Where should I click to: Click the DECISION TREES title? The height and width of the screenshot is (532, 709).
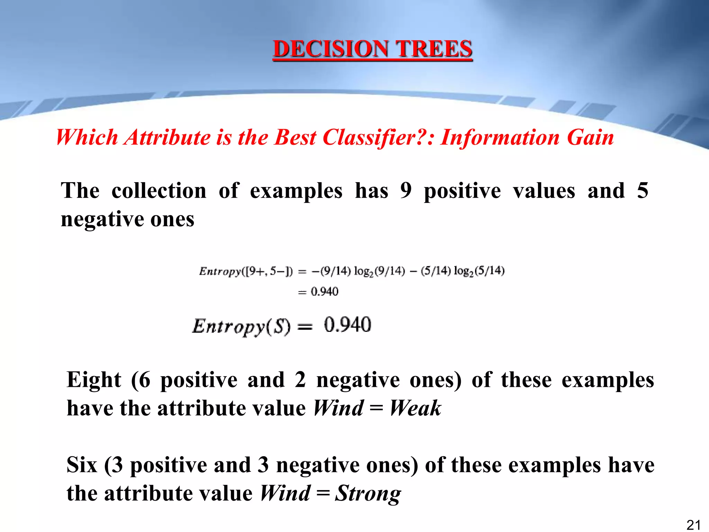(x=373, y=49)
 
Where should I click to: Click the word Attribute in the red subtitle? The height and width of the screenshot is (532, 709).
(x=168, y=138)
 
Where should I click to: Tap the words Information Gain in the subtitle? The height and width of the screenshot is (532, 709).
(x=527, y=138)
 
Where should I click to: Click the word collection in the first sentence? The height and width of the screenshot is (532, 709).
(x=159, y=191)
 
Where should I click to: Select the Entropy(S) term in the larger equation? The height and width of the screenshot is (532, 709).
(x=241, y=326)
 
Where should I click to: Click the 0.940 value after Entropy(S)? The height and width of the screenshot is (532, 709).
(x=348, y=325)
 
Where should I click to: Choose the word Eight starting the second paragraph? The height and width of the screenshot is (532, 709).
(x=94, y=380)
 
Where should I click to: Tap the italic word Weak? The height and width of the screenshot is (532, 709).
(x=415, y=408)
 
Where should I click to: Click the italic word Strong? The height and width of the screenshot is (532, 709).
(x=368, y=493)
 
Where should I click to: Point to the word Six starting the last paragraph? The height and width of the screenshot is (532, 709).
(x=82, y=465)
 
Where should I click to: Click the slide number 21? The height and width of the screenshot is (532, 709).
(x=693, y=525)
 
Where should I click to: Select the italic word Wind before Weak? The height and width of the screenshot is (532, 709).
(x=339, y=408)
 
